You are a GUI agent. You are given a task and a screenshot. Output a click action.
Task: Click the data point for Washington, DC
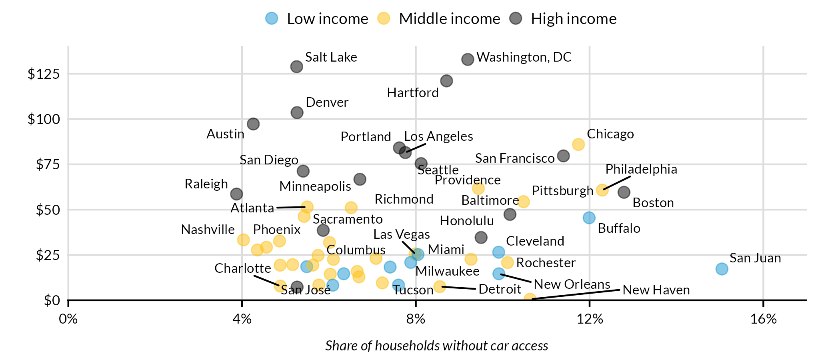click(x=468, y=59)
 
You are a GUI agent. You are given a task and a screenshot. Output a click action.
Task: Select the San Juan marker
click(x=722, y=269)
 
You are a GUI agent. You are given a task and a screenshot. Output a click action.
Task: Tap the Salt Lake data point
click(x=296, y=66)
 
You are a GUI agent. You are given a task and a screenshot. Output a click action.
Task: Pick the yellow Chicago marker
click(x=578, y=144)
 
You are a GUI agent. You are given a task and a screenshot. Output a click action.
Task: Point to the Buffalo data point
click(x=589, y=218)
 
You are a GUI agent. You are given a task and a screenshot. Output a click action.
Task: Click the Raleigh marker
click(x=236, y=194)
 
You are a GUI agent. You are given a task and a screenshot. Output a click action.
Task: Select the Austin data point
click(x=253, y=124)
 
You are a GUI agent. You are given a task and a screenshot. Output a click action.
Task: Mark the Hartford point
click(x=446, y=81)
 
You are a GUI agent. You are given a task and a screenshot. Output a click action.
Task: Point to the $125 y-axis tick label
click(x=44, y=74)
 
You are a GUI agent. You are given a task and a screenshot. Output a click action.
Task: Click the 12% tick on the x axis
click(x=590, y=319)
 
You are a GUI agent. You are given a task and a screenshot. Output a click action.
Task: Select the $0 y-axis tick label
click(x=52, y=300)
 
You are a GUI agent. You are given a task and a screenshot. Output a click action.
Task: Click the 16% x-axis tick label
click(x=763, y=319)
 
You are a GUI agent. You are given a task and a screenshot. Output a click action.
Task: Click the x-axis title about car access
click(x=436, y=346)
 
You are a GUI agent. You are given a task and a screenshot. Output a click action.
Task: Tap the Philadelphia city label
click(x=641, y=169)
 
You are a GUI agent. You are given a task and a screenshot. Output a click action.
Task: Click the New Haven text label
click(x=656, y=290)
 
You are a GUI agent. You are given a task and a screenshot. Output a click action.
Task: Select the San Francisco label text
click(x=514, y=158)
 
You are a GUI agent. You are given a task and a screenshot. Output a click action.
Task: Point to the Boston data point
click(x=624, y=192)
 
